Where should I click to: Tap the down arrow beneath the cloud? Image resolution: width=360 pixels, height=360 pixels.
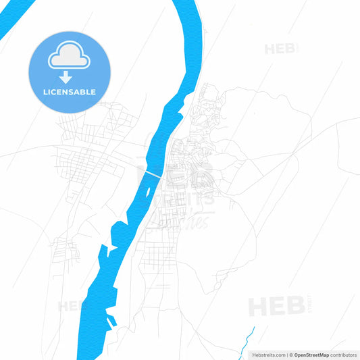(69, 76)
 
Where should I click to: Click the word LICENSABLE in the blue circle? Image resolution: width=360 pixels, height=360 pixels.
(69, 92)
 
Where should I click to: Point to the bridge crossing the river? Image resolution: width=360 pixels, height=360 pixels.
(151, 174)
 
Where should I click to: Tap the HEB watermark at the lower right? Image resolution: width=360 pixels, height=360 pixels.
(275, 307)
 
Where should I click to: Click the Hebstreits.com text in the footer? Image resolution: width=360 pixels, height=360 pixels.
(269, 355)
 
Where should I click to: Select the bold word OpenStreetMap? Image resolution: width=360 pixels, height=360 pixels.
(311, 355)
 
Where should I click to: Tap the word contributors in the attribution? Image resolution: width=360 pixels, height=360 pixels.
(344, 355)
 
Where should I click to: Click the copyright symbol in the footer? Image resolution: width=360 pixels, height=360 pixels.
(290, 355)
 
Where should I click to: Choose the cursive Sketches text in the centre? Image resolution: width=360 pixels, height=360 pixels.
(192, 220)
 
